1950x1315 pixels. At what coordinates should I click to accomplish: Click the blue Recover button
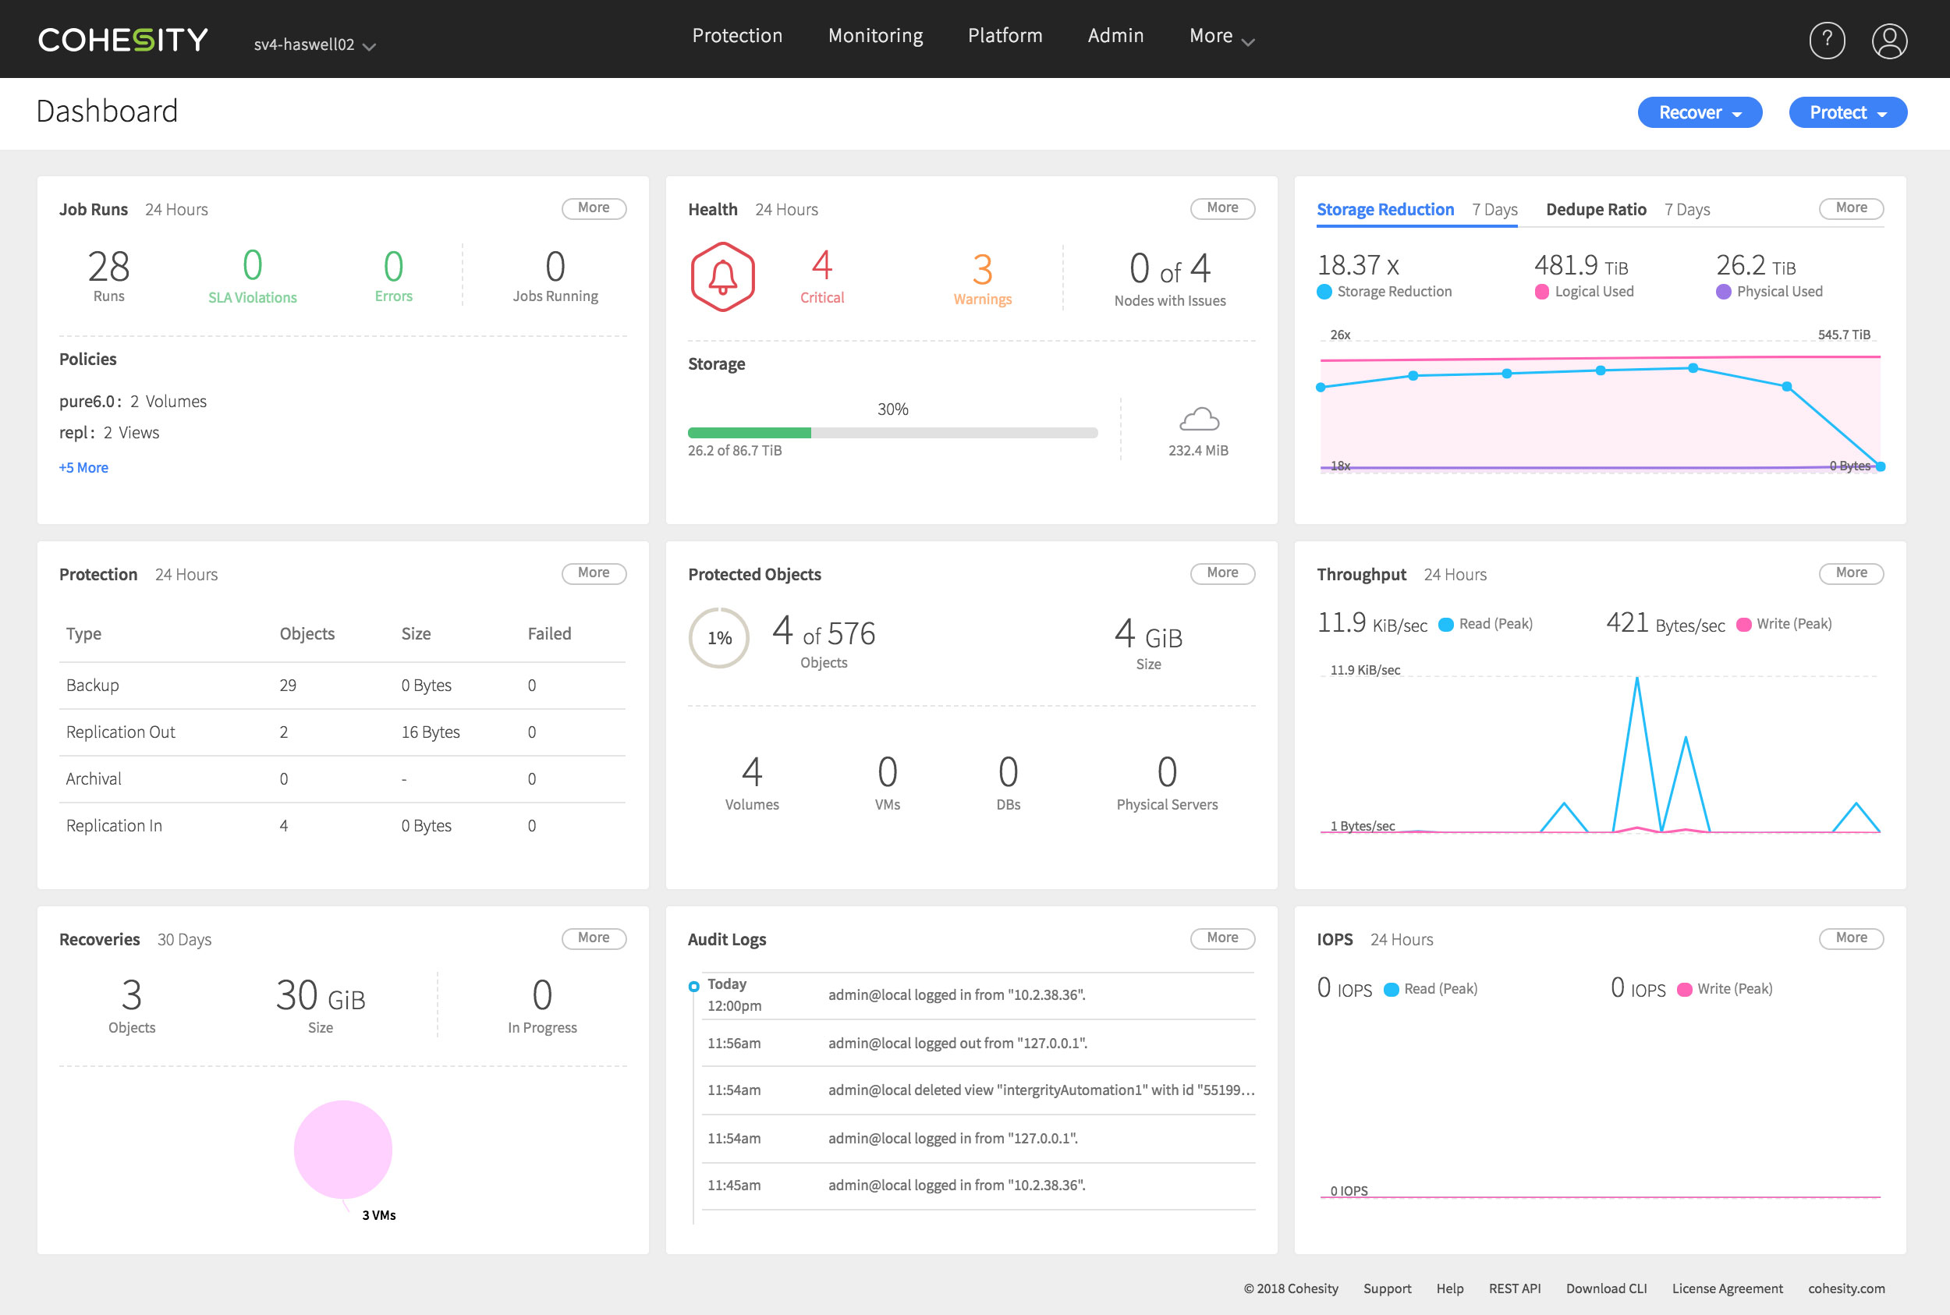1698,112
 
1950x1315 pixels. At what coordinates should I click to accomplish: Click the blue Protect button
1847,112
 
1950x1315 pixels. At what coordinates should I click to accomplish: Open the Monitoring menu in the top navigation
875,36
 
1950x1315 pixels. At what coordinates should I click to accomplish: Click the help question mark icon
1826,41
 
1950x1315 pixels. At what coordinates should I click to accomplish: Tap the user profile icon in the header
1889,41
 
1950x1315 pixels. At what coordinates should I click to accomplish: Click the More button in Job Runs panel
593,208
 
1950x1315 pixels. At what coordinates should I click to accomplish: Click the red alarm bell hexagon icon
722,277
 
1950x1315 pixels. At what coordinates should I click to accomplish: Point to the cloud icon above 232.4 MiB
1199,419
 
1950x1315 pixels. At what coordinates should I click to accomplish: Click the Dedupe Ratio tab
1595,210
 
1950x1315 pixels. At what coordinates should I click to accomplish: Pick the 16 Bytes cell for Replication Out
431,732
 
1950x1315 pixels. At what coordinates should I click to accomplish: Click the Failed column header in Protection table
548,634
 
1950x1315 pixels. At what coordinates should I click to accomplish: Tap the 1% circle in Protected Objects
719,638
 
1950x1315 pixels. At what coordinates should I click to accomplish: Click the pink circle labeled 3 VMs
342,1149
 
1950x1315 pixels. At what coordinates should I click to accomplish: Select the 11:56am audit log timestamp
733,1044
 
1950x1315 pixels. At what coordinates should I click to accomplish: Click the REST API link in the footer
1514,1289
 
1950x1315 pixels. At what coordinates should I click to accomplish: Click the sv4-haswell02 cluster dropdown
314,44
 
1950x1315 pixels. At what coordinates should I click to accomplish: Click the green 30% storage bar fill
748,433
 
